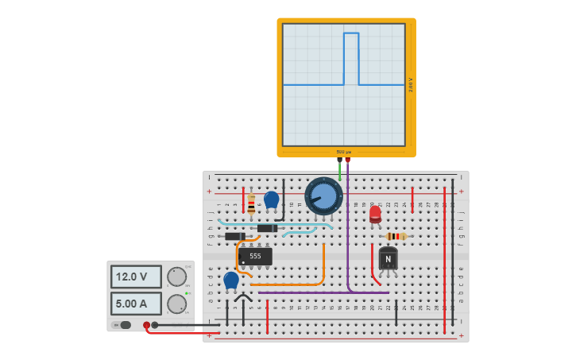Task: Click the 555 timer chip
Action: pos(255,257)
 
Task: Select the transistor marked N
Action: pos(388,259)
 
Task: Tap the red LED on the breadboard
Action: pos(375,214)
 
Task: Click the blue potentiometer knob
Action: pos(323,195)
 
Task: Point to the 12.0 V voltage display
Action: pos(136,277)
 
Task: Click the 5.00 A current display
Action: pos(136,304)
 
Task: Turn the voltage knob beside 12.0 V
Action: pos(176,277)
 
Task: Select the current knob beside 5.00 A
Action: pos(176,304)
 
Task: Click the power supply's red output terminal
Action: pos(146,325)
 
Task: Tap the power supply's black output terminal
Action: pos(155,325)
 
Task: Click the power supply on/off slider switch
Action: pos(123,325)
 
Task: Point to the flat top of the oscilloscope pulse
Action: pos(351,33)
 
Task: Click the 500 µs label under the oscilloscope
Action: pos(343,152)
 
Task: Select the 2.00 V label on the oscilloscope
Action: pos(411,84)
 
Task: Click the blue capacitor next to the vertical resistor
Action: pos(271,199)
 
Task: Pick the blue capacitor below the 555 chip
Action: pos(231,280)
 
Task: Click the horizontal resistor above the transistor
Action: pos(396,236)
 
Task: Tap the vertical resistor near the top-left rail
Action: pos(251,203)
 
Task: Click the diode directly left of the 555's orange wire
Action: pos(235,236)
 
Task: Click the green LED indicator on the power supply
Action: pos(186,294)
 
